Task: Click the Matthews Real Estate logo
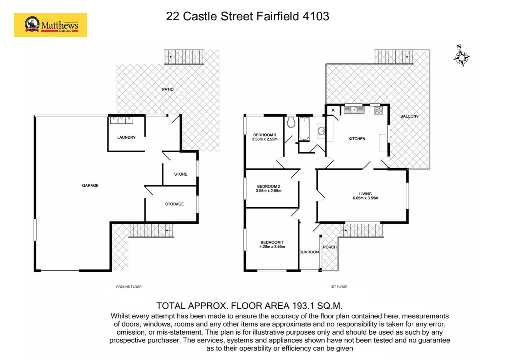point(51,25)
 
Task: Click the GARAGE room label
point(90,185)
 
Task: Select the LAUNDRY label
point(126,137)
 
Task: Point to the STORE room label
point(181,174)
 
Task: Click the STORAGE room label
point(174,204)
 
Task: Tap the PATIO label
point(168,89)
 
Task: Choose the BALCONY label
point(409,116)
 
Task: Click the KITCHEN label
point(357,139)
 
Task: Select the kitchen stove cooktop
point(378,110)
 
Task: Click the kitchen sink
point(354,110)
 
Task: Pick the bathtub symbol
point(304,129)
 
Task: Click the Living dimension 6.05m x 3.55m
point(365,198)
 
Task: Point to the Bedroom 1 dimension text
point(272,247)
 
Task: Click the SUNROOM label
point(309,252)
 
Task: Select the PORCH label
point(330,247)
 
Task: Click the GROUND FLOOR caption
point(129,287)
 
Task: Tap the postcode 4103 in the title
point(316,16)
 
